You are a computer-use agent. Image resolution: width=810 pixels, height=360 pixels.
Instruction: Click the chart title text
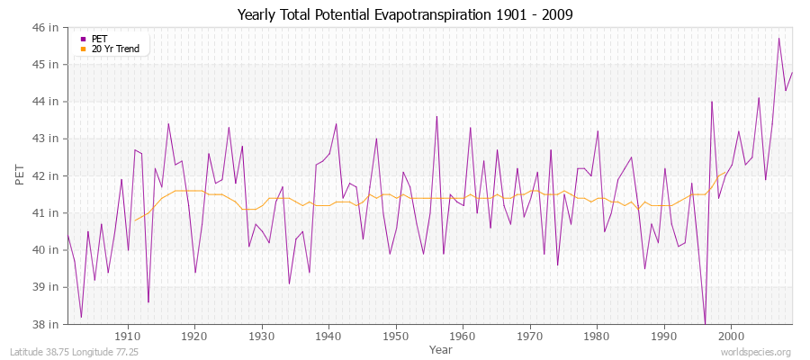click(x=405, y=14)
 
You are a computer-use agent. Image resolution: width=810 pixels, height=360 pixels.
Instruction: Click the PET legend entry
click(x=99, y=39)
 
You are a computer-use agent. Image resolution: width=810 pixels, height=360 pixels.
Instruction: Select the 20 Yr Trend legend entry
click(x=115, y=49)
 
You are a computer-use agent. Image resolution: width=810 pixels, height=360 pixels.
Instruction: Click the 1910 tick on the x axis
click(x=128, y=336)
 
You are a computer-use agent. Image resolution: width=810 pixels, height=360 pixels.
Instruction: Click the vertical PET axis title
click(x=20, y=175)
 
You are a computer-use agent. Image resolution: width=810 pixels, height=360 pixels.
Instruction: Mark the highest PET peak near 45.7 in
click(x=778, y=39)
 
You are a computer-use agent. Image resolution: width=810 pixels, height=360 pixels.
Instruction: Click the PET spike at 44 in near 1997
click(x=712, y=102)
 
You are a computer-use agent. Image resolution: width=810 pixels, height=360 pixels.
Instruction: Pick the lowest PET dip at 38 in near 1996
click(x=705, y=323)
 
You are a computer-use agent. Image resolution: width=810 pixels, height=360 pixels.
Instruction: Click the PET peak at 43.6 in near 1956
click(x=436, y=116)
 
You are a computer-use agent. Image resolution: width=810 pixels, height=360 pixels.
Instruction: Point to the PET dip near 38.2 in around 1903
click(x=81, y=317)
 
